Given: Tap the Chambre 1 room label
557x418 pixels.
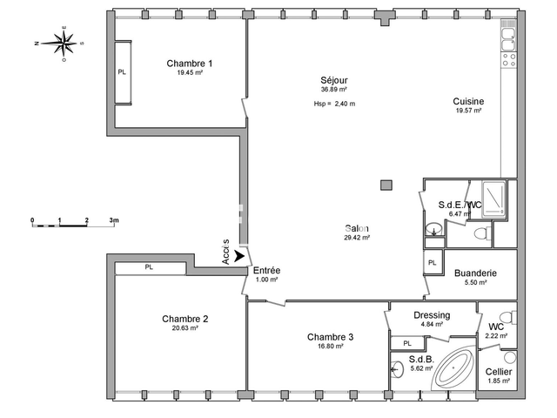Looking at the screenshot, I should [190, 64].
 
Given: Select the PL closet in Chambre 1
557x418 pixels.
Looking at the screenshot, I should [122, 72].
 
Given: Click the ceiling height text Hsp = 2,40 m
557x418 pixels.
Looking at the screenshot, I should [334, 104].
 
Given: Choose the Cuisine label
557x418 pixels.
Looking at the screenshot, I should [468, 102].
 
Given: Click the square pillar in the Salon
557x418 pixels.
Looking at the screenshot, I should [386, 185].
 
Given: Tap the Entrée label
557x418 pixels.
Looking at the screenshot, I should [266, 271].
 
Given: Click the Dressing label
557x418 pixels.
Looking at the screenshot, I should [433, 315].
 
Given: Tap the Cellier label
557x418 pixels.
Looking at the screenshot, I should [499, 373].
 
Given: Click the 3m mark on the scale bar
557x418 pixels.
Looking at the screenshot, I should [114, 221].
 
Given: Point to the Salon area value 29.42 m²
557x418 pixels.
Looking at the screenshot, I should [357, 237].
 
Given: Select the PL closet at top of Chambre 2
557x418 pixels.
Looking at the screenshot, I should [149, 267].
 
